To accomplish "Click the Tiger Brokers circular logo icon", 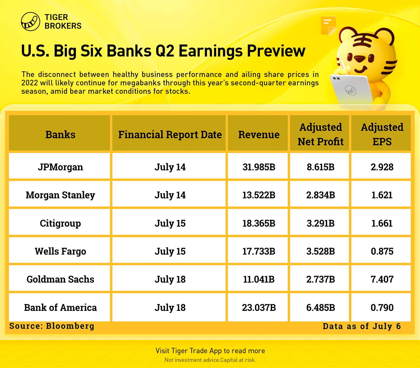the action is pyautogui.click(x=31, y=22).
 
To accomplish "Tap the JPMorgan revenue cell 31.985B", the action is pyautogui.click(x=259, y=167).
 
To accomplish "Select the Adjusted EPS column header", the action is pyautogui.click(x=382, y=134).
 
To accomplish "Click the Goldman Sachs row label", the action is pyautogui.click(x=60, y=279).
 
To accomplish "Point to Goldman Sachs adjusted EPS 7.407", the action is pyautogui.click(x=382, y=279).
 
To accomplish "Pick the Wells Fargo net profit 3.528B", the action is pyautogui.click(x=321, y=251).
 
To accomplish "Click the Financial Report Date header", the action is pyautogui.click(x=170, y=135).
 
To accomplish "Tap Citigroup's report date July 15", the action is pyautogui.click(x=170, y=223).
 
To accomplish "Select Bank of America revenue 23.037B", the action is pyautogui.click(x=259, y=308).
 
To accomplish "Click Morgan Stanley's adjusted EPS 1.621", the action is pyautogui.click(x=382, y=195).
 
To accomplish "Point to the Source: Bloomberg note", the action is pyautogui.click(x=52, y=326).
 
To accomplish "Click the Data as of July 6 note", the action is pyautogui.click(x=362, y=326).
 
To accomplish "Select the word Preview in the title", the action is pyautogui.click(x=276, y=51).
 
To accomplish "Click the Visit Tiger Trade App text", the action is pyautogui.click(x=210, y=351).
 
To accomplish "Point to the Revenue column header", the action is pyautogui.click(x=259, y=135).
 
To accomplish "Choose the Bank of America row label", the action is pyautogui.click(x=60, y=308).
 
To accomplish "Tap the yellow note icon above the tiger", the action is pyautogui.click(x=328, y=26).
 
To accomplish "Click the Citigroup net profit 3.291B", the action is pyautogui.click(x=321, y=223).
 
